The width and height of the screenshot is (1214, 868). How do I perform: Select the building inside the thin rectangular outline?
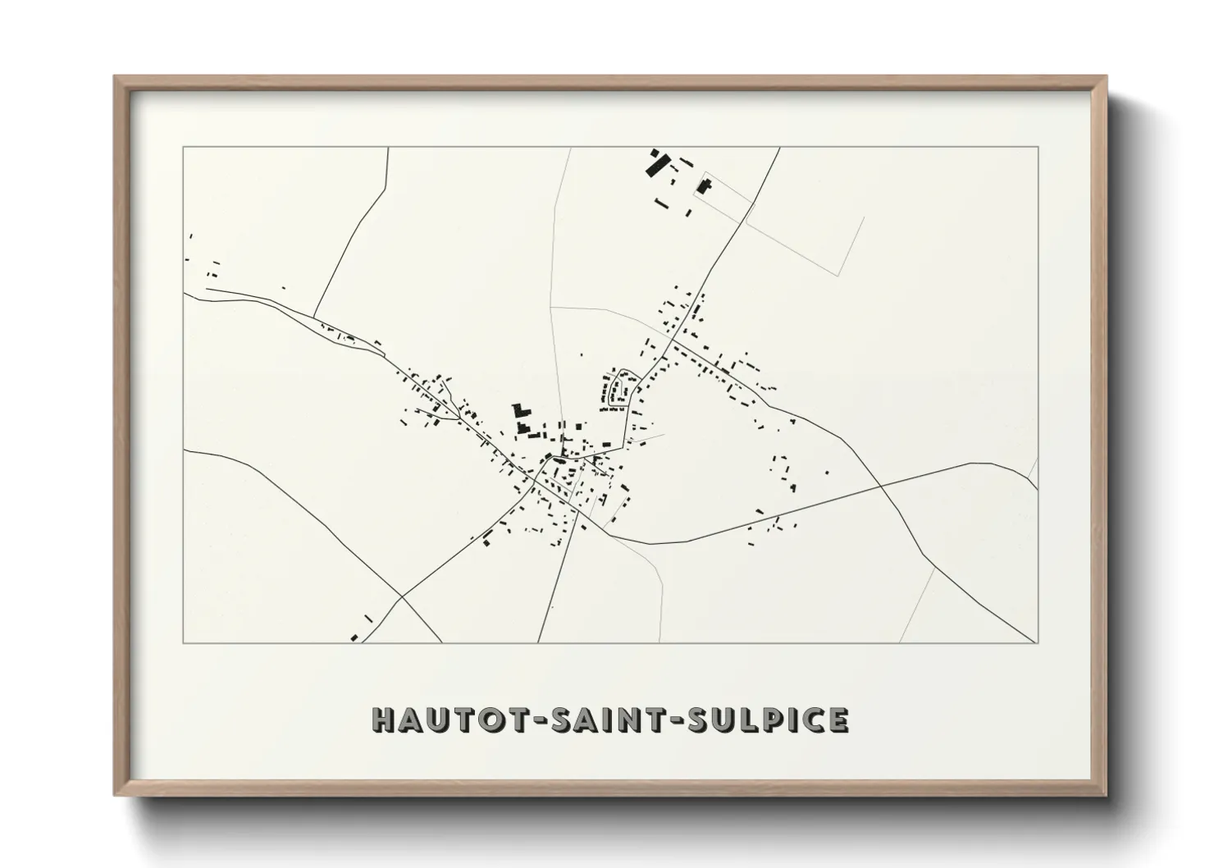[703, 185]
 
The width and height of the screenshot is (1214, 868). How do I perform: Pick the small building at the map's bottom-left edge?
[354, 637]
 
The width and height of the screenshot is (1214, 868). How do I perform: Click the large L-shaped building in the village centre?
[519, 415]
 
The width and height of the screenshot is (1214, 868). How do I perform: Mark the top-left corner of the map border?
[183, 148]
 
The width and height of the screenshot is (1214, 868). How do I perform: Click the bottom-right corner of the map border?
[1038, 643]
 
